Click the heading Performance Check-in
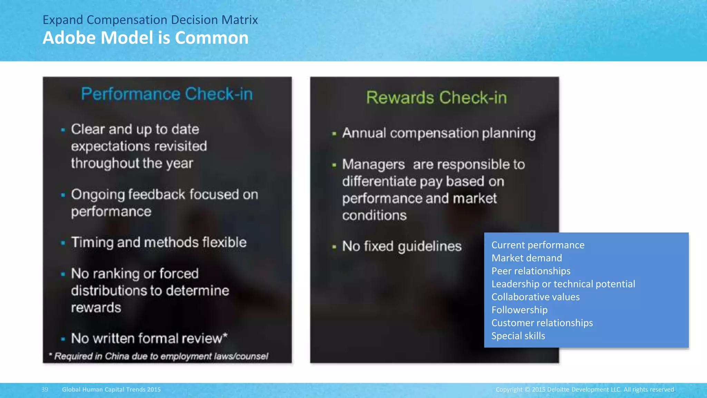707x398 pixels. (167, 94)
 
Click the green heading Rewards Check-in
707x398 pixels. (436, 98)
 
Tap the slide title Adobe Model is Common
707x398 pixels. (145, 38)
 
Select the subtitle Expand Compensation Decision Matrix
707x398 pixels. (150, 20)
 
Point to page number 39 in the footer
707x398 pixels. (45, 389)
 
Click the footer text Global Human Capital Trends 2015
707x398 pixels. (111, 389)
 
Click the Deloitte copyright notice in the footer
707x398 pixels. (585, 389)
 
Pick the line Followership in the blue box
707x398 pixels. (519, 310)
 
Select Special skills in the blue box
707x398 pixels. (518, 336)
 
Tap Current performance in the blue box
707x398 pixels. (537, 245)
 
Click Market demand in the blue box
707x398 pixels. (526, 258)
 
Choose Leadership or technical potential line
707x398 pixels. (563, 284)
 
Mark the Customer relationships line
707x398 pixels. (542, 323)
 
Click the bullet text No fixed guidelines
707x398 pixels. (401, 246)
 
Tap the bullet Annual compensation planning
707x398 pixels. (438, 133)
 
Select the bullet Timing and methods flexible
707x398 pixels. (158, 243)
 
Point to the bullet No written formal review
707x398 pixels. (149, 338)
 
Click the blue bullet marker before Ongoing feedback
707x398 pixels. (63, 195)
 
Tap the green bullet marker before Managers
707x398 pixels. (334, 165)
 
